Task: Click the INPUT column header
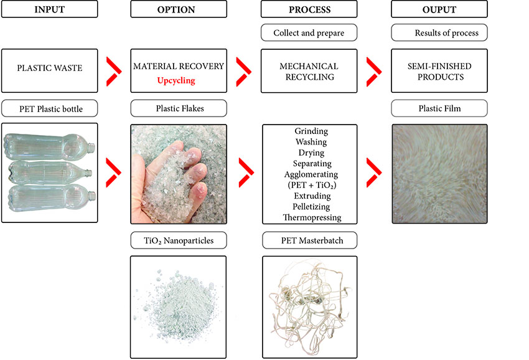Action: click(x=49, y=9)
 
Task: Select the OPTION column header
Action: click(x=176, y=9)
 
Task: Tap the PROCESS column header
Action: click(x=310, y=9)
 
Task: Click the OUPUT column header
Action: click(x=439, y=9)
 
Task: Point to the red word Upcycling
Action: click(x=176, y=81)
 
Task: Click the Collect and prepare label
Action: click(x=309, y=33)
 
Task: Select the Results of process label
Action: click(x=446, y=33)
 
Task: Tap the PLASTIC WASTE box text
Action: click(x=50, y=68)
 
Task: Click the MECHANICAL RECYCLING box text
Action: click(x=309, y=71)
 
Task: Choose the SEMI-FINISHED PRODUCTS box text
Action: click(x=439, y=71)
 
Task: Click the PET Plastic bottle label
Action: click(x=51, y=109)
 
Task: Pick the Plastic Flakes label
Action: click(x=180, y=108)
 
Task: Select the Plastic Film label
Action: click(x=439, y=108)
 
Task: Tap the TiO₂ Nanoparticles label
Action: click(x=179, y=240)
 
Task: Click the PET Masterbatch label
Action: click(x=312, y=240)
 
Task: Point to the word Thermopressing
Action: click(x=312, y=217)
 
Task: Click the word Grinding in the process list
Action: click(x=311, y=131)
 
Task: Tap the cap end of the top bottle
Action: click(x=91, y=148)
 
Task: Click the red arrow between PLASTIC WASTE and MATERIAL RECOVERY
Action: click(x=114, y=71)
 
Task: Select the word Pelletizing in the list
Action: click(x=311, y=207)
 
